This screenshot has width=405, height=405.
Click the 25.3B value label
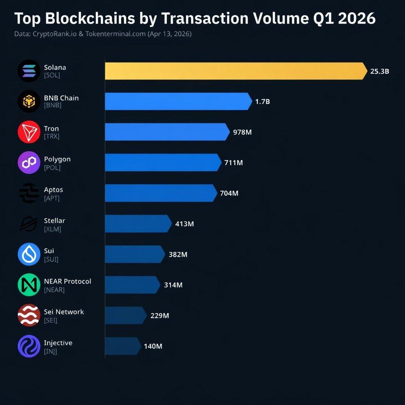coord(379,71)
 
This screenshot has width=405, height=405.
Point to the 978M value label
coord(242,132)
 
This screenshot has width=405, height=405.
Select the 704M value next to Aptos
coord(229,193)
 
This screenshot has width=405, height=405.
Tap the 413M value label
coord(184,224)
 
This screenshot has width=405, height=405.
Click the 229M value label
coord(160,315)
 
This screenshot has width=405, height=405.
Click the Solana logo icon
coord(29,71)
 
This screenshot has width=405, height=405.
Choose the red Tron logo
coord(29,132)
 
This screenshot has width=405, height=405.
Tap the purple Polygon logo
coord(29,162)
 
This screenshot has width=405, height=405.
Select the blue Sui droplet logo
coord(29,254)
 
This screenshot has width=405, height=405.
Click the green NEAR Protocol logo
coord(29,285)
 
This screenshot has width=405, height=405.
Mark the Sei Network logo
coord(29,315)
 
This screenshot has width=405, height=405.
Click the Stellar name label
coord(54,220)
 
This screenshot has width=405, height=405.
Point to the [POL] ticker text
coord(52,167)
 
